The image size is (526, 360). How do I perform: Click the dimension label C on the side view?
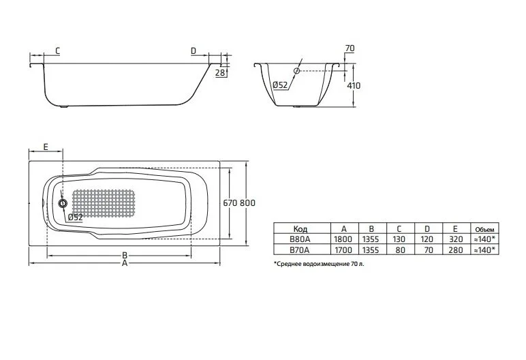tap(57, 50)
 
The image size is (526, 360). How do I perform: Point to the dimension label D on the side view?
tap(194, 50)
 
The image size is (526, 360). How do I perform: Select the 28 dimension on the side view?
tap(220, 74)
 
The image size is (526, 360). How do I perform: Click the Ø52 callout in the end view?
tap(279, 85)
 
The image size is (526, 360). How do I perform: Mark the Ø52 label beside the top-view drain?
tap(76, 217)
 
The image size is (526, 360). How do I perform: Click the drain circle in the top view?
tap(63, 202)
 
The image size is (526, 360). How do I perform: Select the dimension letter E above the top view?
tap(45, 147)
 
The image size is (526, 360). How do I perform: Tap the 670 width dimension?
tap(232, 202)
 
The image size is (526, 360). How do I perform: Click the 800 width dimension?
tap(249, 202)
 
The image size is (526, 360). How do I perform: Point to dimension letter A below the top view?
tap(124, 265)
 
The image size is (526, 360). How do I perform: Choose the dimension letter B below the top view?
tap(124, 256)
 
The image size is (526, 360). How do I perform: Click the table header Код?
tap(300, 229)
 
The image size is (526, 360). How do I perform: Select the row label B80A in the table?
tap(300, 239)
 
